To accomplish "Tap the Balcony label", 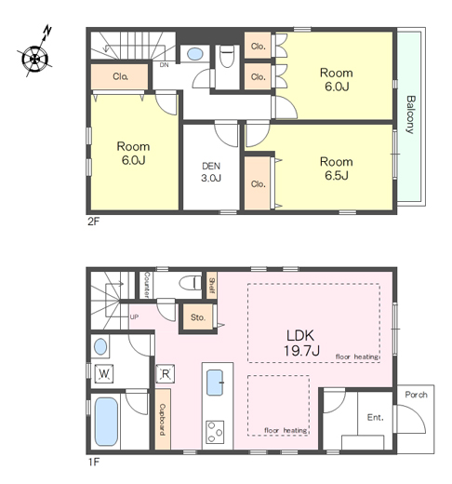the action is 410,114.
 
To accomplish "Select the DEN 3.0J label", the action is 211,172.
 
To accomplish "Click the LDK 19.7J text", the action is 301,343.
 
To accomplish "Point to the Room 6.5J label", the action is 337,168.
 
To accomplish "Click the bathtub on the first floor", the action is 106,422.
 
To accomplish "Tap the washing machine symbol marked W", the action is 103,373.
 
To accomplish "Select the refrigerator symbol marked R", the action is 165,374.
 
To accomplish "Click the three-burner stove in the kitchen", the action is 215,432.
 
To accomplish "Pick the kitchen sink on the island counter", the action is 215,383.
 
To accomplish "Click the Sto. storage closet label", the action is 198,317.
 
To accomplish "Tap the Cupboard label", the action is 163,420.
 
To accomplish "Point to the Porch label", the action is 416,395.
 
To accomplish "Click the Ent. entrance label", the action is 375,417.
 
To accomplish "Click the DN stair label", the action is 164,65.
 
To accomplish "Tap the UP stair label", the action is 134,316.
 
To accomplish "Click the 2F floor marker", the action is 93,222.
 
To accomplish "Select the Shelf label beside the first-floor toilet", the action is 212,286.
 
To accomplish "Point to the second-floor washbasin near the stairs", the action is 195,54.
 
